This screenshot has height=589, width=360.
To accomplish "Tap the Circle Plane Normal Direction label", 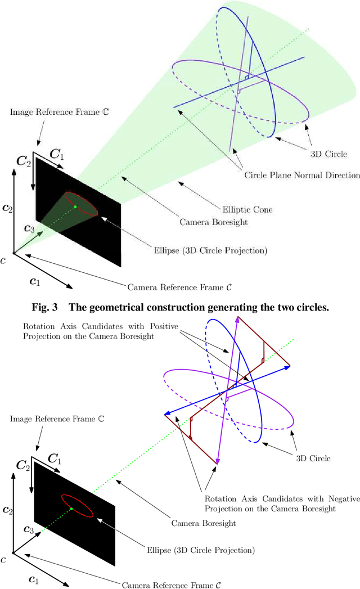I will pos(301,175).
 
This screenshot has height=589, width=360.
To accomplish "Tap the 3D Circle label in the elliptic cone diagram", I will pos(327,154).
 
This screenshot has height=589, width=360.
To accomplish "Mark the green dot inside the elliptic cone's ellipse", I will pos(75,207).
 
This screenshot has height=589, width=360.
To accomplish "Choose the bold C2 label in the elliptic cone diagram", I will pos(24,161).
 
